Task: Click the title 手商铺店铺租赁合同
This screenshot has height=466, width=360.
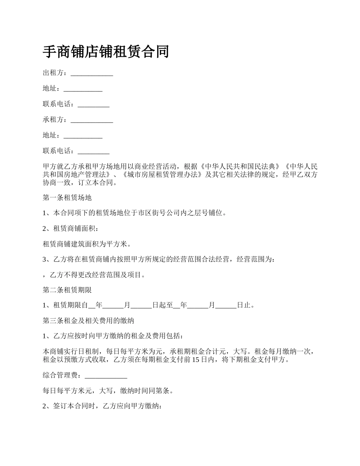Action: (106, 52)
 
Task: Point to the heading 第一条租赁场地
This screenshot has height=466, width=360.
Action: (67, 197)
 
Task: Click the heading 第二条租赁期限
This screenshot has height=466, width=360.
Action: (67, 290)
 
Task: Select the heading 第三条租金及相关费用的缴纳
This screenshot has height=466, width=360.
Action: (88, 321)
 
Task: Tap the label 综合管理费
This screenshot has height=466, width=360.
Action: (60, 375)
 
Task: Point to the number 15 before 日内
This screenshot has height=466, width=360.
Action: (196, 360)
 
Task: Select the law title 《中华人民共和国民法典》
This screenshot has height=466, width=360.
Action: (240, 167)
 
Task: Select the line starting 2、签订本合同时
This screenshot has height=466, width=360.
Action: (103, 406)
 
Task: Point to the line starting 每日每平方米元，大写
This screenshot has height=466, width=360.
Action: (108, 391)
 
